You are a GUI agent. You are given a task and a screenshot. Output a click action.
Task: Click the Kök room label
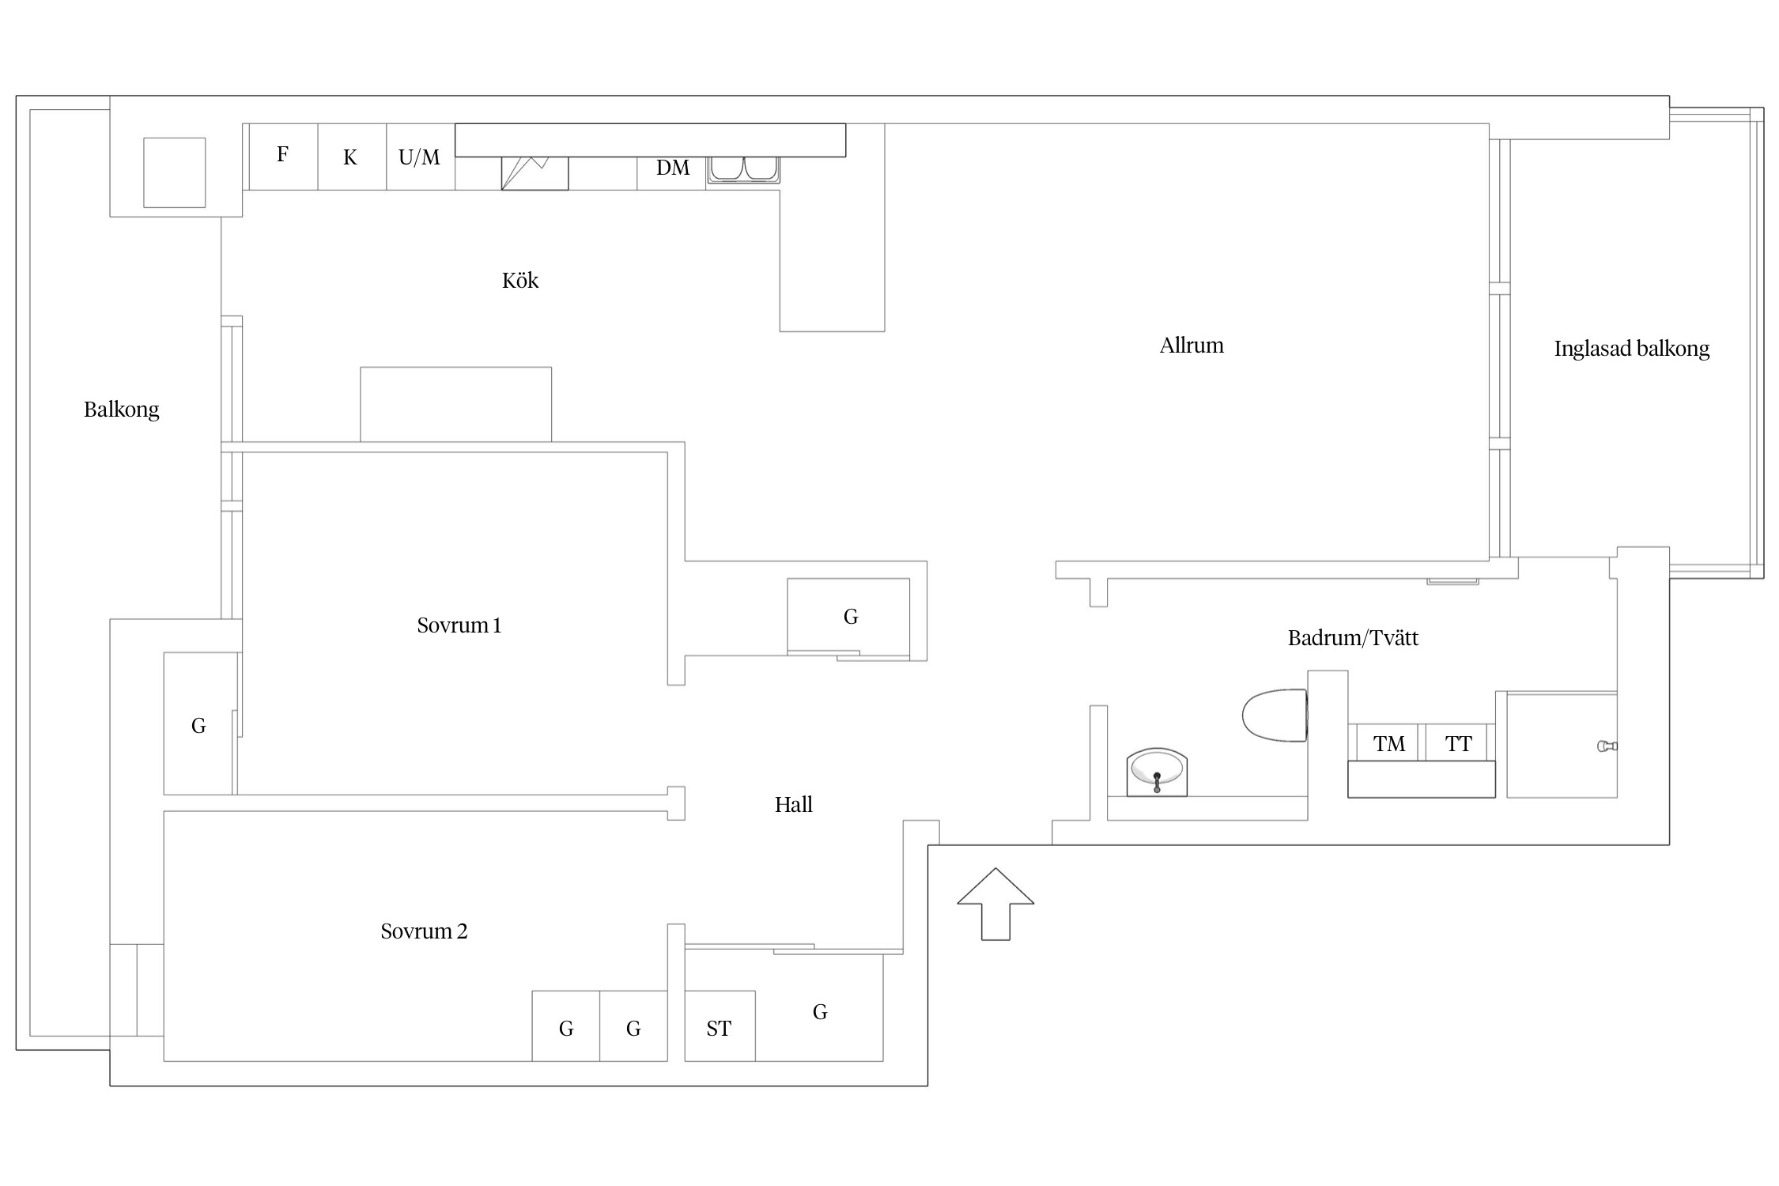click(520, 281)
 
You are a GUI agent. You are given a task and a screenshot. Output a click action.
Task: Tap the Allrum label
click(1192, 346)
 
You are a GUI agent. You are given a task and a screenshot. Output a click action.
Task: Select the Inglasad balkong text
click(1631, 349)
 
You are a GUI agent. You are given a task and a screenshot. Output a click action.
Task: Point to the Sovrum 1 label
click(459, 625)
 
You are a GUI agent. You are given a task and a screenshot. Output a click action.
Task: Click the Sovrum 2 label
click(424, 931)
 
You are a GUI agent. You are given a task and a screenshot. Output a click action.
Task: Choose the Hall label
click(793, 805)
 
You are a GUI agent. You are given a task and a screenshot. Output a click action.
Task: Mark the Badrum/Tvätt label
click(1353, 638)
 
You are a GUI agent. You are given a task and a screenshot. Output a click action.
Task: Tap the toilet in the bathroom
click(1275, 715)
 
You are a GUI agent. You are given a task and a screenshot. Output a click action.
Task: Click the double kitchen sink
click(743, 169)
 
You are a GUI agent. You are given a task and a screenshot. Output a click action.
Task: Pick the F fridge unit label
click(282, 154)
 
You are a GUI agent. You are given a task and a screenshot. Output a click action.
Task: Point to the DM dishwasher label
click(673, 168)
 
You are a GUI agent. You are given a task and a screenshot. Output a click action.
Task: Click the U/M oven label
click(419, 157)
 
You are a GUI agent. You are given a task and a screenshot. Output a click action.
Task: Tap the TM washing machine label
click(1389, 744)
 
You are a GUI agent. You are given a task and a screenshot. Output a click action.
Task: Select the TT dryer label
click(1458, 744)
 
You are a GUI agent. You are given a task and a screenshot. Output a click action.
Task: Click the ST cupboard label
click(719, 1029)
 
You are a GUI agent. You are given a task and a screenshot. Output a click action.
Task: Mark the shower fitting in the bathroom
click(1607, 746)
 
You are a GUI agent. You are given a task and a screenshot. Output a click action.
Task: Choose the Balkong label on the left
click(122, 410)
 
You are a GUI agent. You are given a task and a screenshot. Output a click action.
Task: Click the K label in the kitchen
click(350, 157)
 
